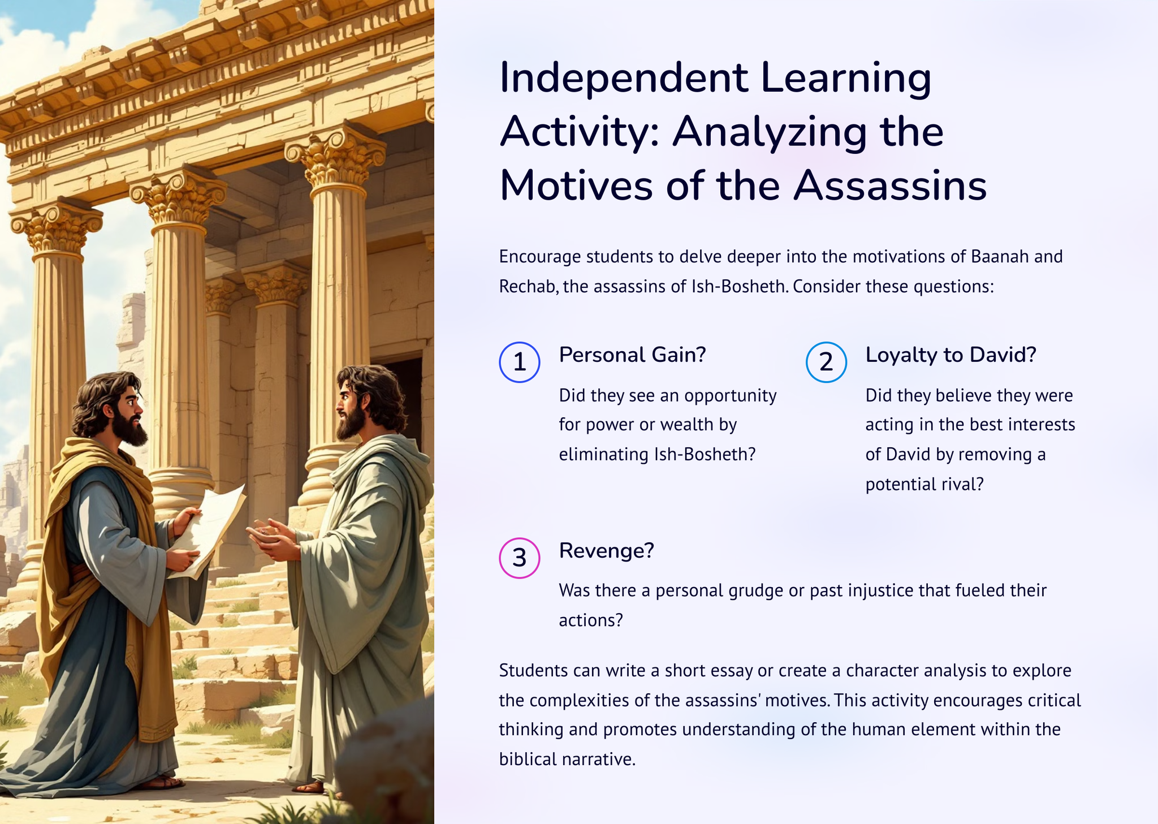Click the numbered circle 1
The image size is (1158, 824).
[519, 362]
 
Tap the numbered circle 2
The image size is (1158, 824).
[826, 362]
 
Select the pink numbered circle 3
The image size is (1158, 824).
[519, 558]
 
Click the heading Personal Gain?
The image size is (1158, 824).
[633, 355]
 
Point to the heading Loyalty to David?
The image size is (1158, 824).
[950, 355]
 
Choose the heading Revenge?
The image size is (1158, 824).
[606, 550]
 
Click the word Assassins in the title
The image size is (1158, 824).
[889, 185]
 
